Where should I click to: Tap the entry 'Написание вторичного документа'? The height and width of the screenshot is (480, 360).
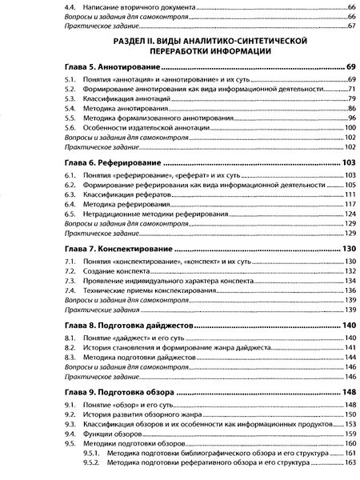pos(133,6)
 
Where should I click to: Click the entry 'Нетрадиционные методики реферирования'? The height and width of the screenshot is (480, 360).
pos(151,215)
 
